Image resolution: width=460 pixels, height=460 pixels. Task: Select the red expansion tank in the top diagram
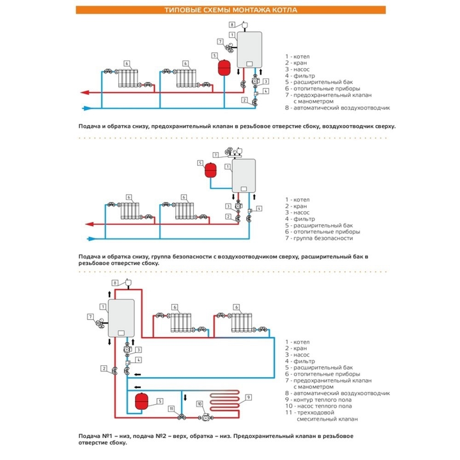[224, 67]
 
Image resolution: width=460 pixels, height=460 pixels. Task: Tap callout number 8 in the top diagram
[232, 24]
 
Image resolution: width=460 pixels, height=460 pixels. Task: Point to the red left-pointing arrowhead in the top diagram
[84, 92]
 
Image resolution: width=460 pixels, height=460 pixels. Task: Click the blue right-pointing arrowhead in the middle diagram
[90, 238]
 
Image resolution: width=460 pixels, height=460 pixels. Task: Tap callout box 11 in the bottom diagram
[171, 408]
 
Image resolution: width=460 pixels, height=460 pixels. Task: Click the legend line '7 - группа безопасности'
[319, 238]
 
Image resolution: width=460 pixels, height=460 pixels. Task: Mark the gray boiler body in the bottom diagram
[121, 318]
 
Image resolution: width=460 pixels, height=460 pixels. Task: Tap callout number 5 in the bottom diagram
[159, 401]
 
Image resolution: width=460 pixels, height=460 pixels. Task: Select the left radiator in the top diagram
[126, 79]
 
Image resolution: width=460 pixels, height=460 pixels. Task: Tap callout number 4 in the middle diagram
[259, 208]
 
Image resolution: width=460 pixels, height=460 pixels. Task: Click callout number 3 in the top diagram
[265, 81]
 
